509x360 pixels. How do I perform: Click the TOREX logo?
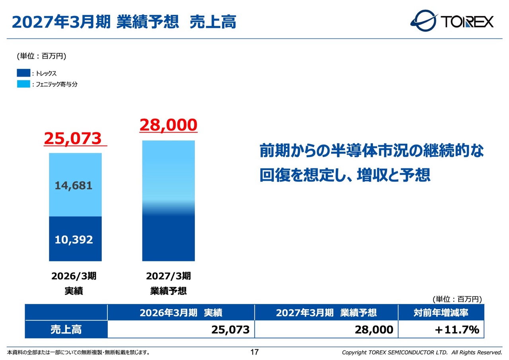tap(452, 21)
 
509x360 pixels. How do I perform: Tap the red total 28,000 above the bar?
tap(168, 125)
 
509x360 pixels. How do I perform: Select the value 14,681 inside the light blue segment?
tap(74, 185)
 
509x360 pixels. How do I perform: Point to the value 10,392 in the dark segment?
tap(74, 239)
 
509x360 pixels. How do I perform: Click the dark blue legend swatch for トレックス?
tap(23, 73)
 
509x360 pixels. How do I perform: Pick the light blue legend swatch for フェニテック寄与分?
tap(23, 84)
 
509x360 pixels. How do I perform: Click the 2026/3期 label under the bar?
tap(74, 276)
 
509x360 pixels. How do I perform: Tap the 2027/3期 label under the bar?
tap(168, 276)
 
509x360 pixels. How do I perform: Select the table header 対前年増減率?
tap(441, 313)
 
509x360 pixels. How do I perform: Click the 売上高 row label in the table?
tap(66, 329)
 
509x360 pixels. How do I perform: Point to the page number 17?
tap(254, 352)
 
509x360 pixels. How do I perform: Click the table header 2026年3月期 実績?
tap(181, 313)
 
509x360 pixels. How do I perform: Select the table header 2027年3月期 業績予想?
tap(326, 313)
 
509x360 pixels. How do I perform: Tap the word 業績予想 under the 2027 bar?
tap(168, 291)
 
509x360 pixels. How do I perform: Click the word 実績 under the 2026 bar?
tap(74, 291)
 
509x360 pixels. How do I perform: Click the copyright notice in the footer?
tap(422, 352)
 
